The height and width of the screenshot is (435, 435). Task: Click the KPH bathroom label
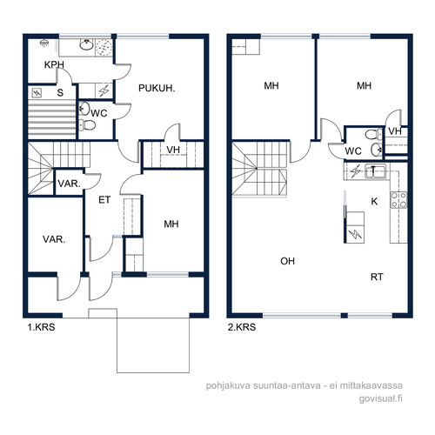click(x=54, y=64)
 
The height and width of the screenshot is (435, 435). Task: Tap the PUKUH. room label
click(x=157, y=88)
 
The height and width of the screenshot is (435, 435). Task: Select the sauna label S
click(x=60, y=93)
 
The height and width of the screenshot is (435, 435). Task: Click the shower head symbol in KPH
click(x=44, y=43)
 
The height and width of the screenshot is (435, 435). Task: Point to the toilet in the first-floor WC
click(x=87, y=125)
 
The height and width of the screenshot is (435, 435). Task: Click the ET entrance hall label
click(x=104, y=200)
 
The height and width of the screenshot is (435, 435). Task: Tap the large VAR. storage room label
click(x=54, y=239)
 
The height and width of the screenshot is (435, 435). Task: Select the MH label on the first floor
click(x=171, y=224)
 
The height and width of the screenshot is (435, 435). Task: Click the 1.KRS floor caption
click(x=41, y=327)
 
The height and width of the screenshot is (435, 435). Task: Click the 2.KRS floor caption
click(x=242, y=327)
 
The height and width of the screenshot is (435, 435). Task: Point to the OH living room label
click(x=287, y=261)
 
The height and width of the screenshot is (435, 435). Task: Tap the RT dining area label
click(x=377, y=277)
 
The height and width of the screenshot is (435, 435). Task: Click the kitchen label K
click(x=374, y=201)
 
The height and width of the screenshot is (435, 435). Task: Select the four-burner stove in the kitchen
click(x=398, y=200)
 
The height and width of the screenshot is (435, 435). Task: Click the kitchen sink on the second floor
click(x=375, y=171)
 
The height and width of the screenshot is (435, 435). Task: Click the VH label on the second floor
click(x=395, y=131)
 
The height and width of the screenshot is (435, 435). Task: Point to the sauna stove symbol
click(x=37, y=93)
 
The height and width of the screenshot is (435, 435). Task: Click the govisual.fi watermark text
click(x=380, y=398)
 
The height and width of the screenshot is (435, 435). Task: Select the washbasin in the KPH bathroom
click(x=86, y=45)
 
